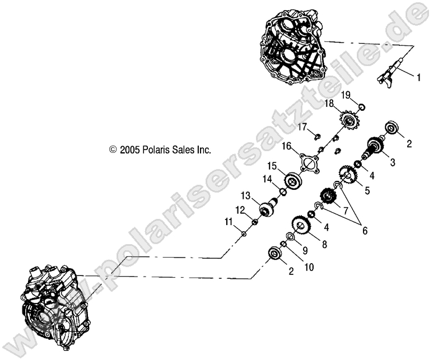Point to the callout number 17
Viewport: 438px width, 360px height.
tap(318, 127)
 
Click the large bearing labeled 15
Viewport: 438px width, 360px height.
tap(292, 181)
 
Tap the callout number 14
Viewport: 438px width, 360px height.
tap(268, 179)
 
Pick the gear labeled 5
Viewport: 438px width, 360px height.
tap(347, 177)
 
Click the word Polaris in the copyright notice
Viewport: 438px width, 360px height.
tap(152, 150)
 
